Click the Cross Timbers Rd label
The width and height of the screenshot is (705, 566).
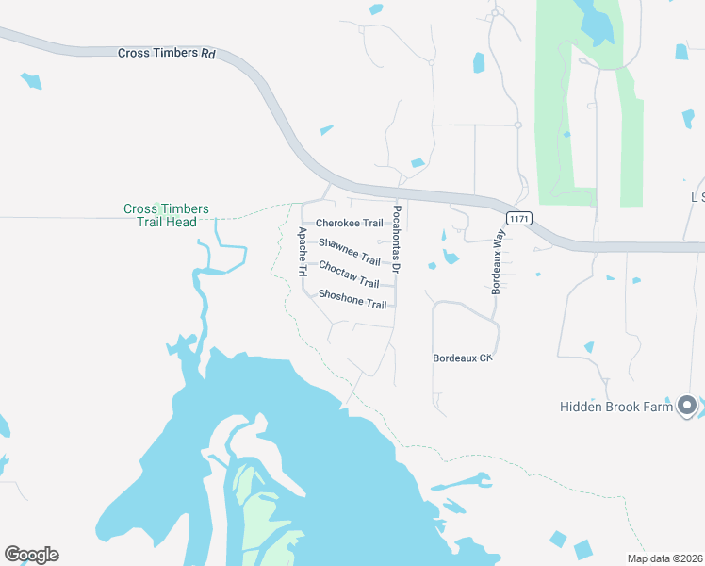(x=167, y=54)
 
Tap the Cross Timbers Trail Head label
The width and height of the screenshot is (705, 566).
(x=167, y=215)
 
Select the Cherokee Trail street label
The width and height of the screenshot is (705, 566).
(x=349, y=224)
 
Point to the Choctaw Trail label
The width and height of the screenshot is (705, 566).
(x=349, y=275)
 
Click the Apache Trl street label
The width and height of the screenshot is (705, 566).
(x=303, y=251)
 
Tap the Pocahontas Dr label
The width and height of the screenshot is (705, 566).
(x=397, y=240)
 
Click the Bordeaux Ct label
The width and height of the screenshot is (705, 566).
(x=463, y=358)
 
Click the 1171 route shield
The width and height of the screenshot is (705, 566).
(x=518, y=219)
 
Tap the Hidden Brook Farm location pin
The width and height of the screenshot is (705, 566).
(x=687, y=406)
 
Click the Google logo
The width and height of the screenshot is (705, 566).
(x=31, y=555)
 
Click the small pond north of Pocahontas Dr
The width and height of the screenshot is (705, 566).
(x=417, y=163)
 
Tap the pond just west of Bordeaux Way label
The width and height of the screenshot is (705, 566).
(x=451, y=257)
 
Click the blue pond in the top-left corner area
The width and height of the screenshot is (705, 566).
(x=31, y=81)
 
